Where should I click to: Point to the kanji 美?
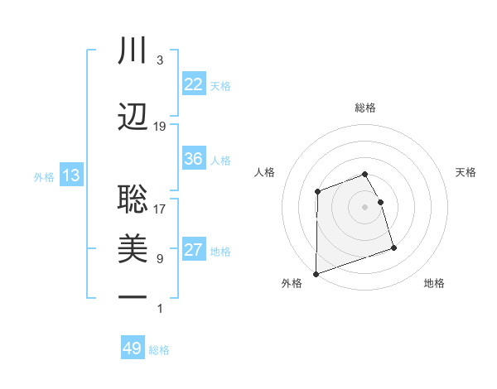133,248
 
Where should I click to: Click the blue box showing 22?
194,84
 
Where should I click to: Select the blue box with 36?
194,159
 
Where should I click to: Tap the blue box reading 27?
194,251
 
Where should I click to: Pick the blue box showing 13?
70,175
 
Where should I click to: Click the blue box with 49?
133,348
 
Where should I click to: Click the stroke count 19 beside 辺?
160,127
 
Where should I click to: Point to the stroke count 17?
160,209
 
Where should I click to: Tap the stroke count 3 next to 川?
160,60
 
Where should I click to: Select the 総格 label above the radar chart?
365,108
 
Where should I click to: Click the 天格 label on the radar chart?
466,172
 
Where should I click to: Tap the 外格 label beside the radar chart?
292,283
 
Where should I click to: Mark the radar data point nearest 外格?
316,273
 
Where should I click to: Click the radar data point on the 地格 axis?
393,247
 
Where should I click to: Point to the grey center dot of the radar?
365,206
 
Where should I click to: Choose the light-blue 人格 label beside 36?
220,160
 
